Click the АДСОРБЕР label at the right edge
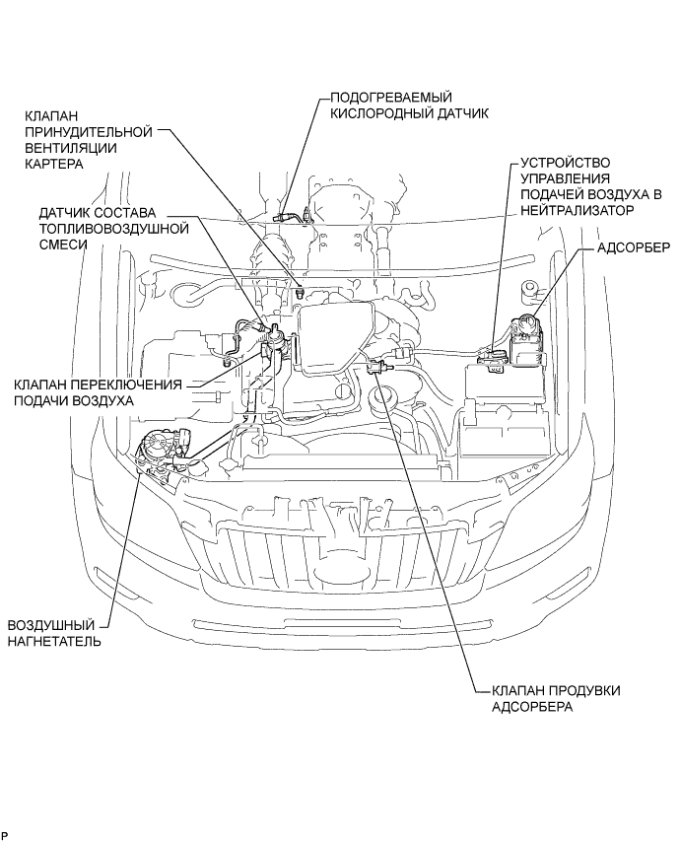[x=634, y=247]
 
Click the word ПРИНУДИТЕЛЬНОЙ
[x=89, y=130]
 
